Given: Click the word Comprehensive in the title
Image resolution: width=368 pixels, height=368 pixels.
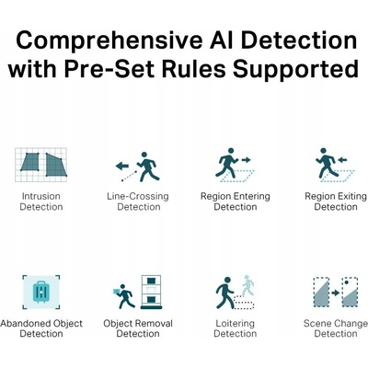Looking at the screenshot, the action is (109, 40).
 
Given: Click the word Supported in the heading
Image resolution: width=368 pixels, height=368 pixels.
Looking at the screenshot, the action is (295, 69).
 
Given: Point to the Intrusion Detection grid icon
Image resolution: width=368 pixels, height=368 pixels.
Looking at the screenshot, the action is (40, 165).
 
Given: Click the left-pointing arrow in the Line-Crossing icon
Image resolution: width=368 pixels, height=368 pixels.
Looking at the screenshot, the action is (122, 167).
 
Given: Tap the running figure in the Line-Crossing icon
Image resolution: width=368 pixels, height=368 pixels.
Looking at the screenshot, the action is (148, 167).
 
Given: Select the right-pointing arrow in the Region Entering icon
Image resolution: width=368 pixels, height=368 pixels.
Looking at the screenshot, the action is (246, 160).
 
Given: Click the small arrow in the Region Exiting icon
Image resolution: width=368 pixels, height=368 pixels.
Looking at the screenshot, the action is (342, 160).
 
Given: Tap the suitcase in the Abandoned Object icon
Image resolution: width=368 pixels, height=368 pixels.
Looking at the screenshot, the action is (41, 292).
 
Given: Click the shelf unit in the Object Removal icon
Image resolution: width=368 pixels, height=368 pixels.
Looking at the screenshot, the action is (151, 292).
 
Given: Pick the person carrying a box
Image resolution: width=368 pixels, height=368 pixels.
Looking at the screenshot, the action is (123, 296).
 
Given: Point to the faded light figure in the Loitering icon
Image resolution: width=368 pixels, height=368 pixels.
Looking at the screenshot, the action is (248, 285).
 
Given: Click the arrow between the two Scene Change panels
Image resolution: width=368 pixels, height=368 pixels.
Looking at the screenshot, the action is (336, 293).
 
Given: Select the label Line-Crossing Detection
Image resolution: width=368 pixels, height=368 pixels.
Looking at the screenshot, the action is (138, 201).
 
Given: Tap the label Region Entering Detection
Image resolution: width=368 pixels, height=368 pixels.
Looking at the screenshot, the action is (236, 201).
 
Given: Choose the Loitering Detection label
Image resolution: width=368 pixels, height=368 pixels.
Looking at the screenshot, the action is (236, 328).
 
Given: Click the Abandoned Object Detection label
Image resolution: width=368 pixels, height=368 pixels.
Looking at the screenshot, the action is (41, 328).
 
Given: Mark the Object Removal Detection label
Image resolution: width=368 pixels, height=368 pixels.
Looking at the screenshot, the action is (138, 328).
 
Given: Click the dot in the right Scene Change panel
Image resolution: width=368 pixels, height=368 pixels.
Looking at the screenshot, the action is (346, 282).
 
